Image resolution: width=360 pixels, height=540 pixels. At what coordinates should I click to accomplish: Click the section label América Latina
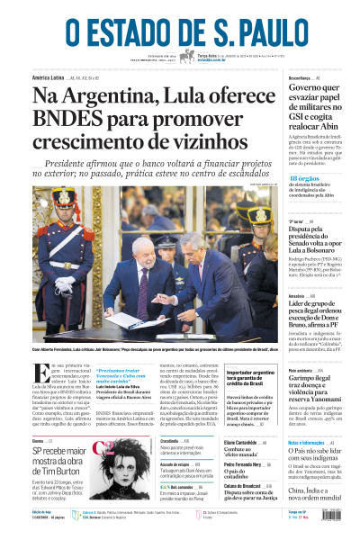click(53, 79)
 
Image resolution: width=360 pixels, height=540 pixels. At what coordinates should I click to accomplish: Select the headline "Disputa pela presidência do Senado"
click(320, 240)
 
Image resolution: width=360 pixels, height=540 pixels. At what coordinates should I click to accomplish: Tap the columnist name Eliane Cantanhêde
click(244, 443)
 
